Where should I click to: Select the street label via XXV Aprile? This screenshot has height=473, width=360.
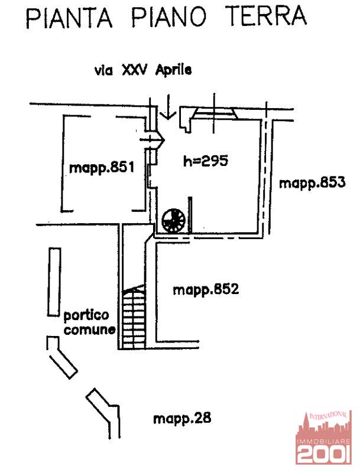tap(143, 70)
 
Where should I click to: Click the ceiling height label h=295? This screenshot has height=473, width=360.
tap(205, 160)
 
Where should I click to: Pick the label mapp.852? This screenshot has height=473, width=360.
tap(205, 290)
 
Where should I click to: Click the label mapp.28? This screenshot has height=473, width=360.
tap(181, 419)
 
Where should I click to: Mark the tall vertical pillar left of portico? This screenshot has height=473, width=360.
tap(54, 283)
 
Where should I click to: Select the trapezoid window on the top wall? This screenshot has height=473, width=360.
tap(215, 114)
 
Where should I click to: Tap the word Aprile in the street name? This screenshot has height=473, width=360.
tap(173, 70)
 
